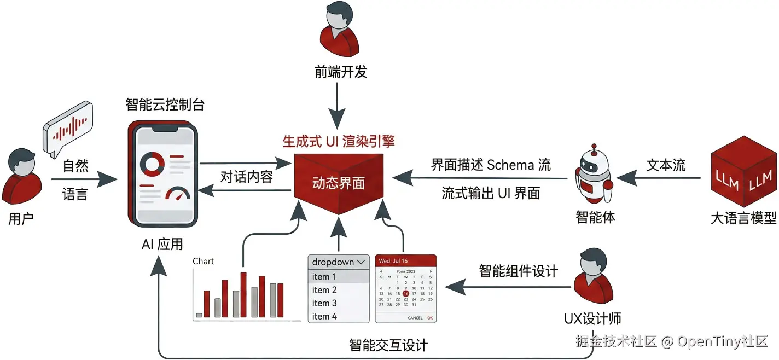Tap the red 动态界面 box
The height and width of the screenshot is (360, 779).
click(x=338, y=183)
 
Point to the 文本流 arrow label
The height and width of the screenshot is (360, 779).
click(x=666, y=165)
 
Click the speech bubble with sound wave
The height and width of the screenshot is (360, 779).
click(x=68, y=129)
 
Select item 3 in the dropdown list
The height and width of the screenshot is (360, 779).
click(x=324, y=303)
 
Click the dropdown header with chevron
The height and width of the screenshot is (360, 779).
click(x=339, y=262)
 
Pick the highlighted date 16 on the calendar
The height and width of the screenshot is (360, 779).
click(x=405, y=293)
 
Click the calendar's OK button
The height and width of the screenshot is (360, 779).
click(x=430, y=318)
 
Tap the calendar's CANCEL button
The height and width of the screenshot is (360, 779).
click(x=415, y=318)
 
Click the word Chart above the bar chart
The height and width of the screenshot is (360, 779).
click(x=203, y=262)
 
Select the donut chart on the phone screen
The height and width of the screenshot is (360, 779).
click(x=153, y=164)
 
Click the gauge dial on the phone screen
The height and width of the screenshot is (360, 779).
click(x=177, y=195)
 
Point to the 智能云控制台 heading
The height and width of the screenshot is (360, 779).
click(x=165, y=104)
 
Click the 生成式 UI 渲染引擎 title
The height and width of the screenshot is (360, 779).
click(x=338, y=142)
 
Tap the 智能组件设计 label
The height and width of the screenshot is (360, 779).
click(x=518, y=271)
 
